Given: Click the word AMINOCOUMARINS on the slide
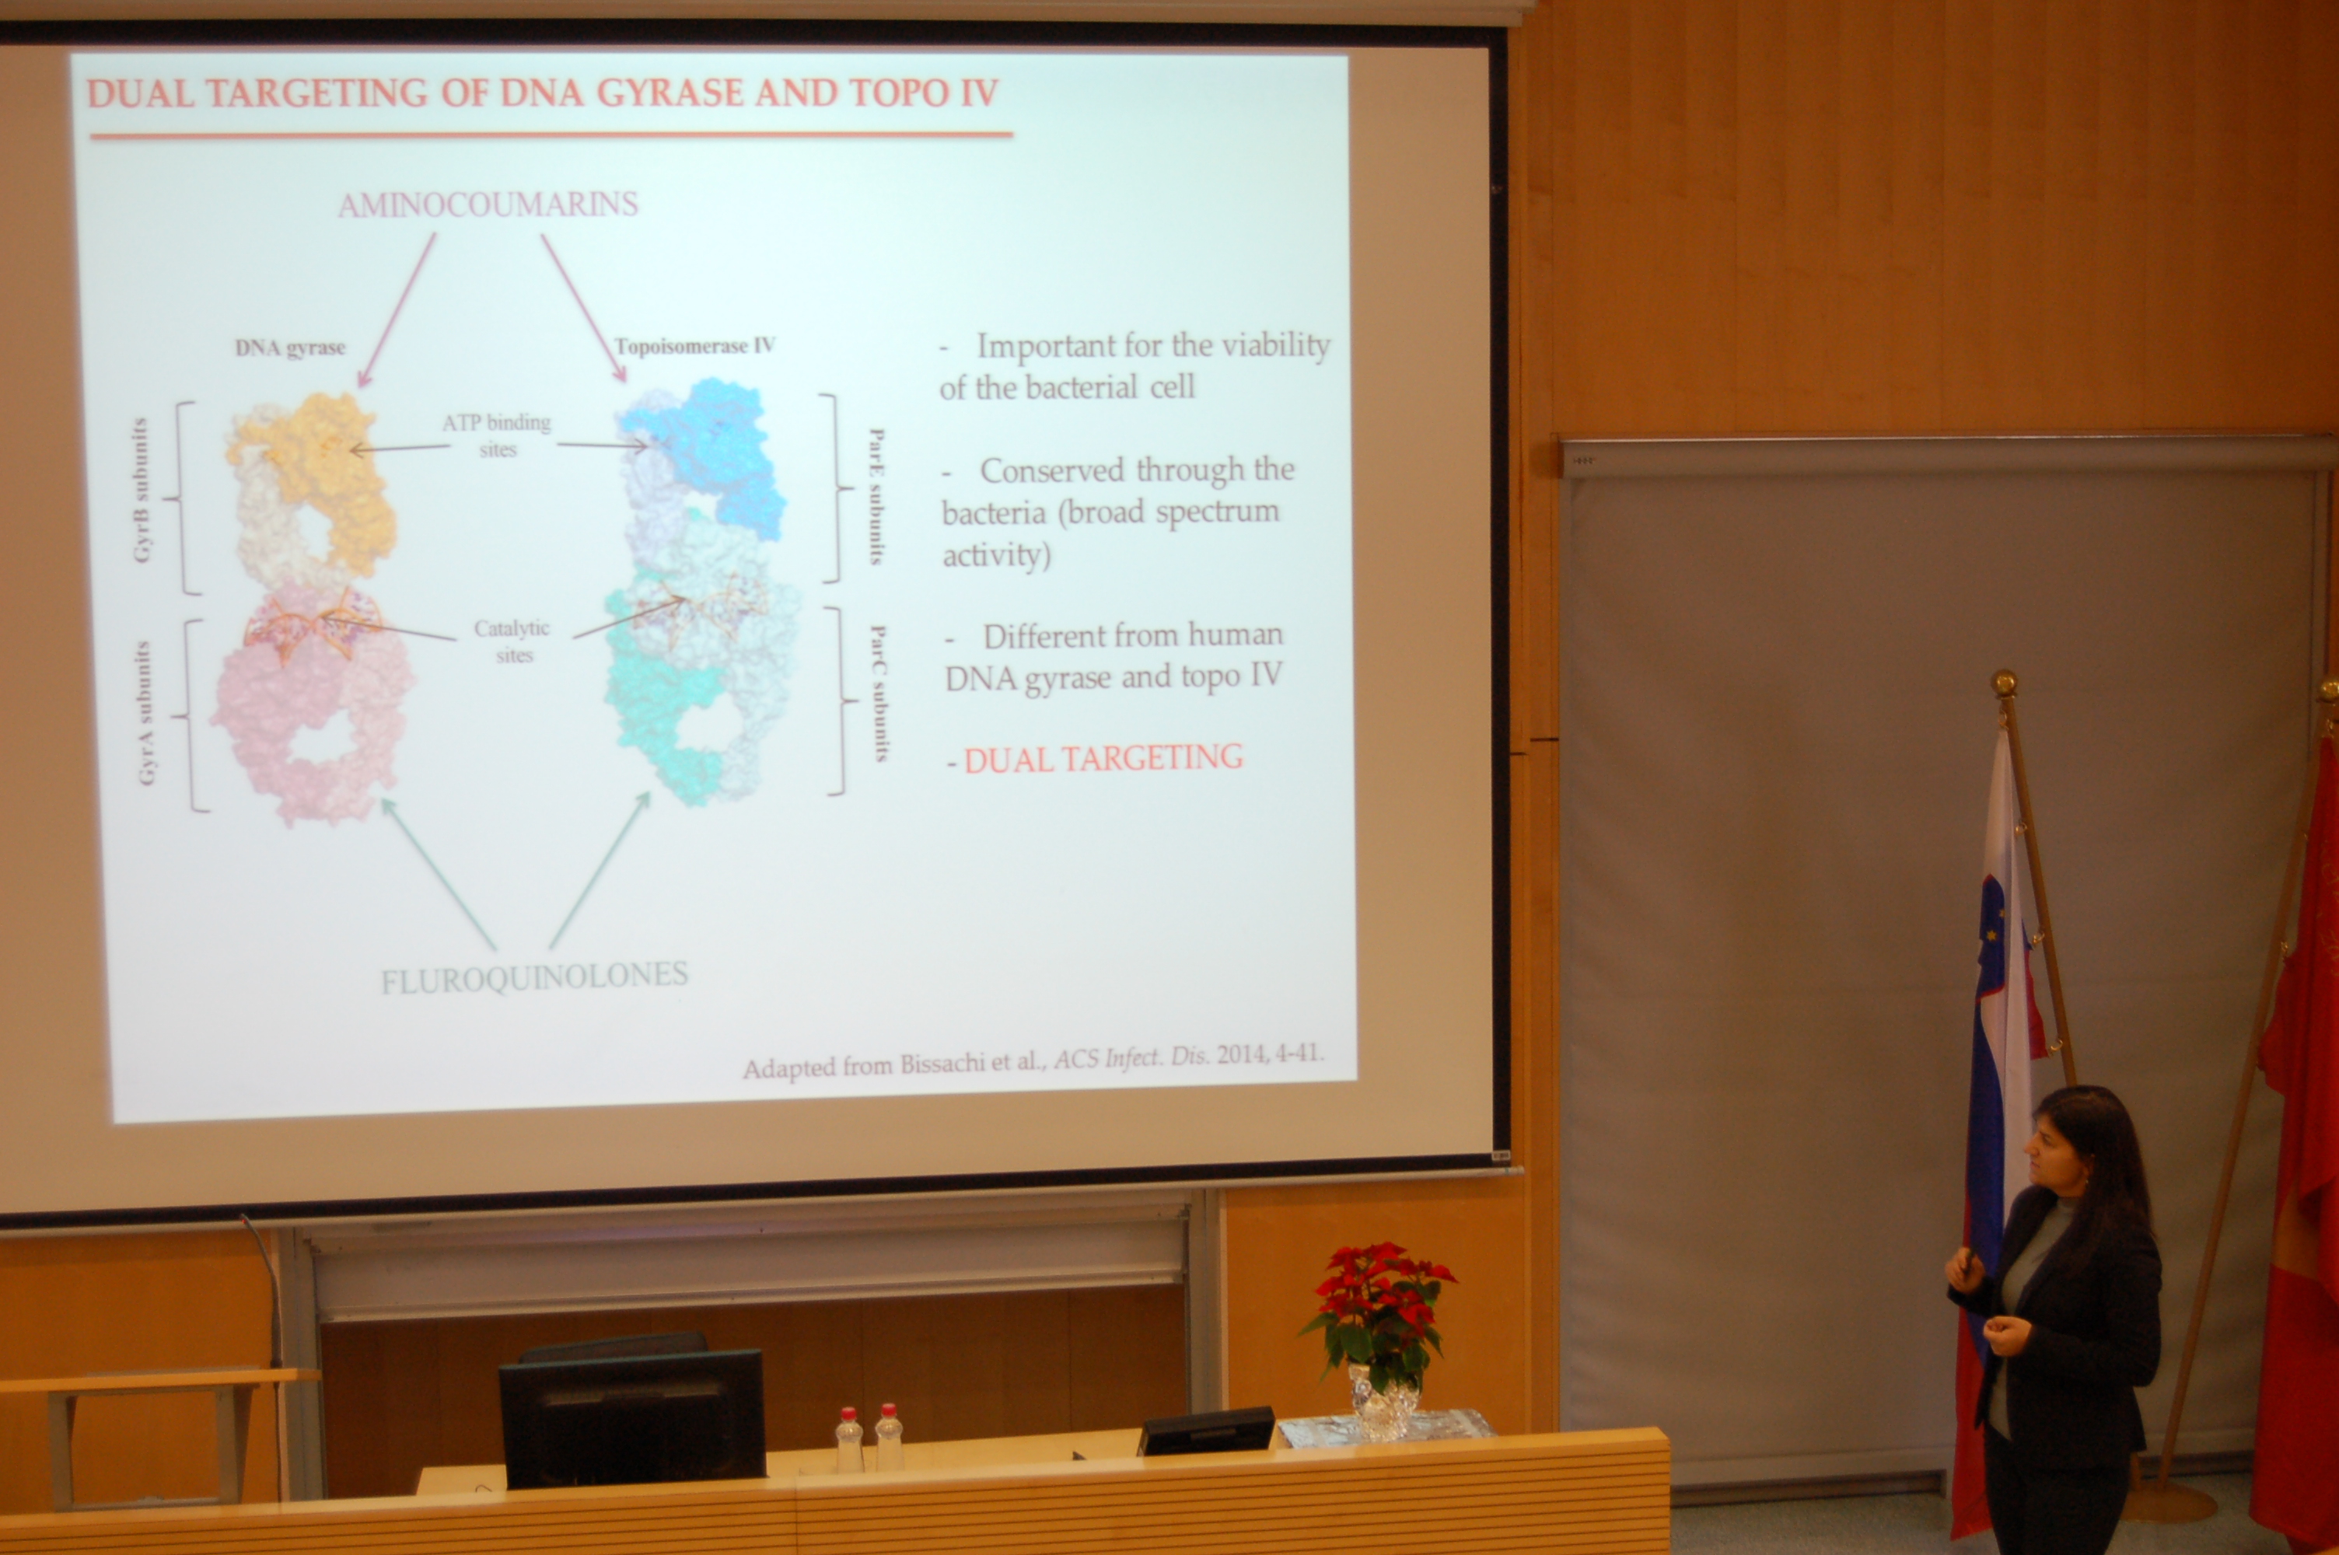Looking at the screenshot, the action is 488,204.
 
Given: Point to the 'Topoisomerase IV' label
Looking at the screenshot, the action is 694,346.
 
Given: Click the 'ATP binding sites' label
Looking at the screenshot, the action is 497,435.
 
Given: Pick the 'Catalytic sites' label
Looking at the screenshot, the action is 512,641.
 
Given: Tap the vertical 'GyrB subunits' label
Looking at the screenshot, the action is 141,490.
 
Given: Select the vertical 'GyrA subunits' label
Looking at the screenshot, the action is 145,713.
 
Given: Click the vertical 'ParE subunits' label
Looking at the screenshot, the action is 876,496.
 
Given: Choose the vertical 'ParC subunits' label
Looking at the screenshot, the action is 879,692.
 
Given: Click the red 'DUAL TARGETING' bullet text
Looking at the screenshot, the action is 1103,759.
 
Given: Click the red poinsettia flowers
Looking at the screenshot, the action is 1381,1289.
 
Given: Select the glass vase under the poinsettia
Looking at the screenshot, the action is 1384,1401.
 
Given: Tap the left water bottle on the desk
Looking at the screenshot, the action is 848,1439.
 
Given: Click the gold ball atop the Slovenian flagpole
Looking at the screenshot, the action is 2004,683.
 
